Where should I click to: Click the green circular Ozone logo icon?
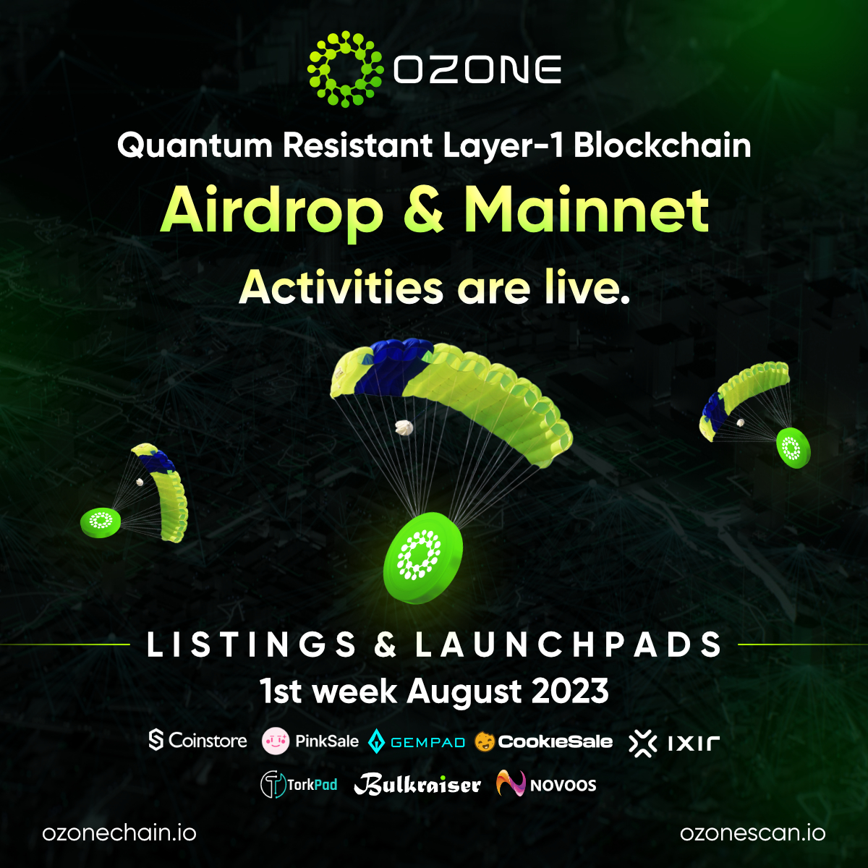(344, 69)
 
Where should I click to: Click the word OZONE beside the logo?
(478, 70)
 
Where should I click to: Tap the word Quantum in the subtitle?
(195, 146)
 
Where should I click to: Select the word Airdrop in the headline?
(272, 211)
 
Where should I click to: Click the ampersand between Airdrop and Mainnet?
(422, 211)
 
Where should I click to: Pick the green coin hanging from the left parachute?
(101, 522)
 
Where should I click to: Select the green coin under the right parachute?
(793, 448)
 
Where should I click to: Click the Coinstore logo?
(197, 741)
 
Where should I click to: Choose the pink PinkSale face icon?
(276, 741)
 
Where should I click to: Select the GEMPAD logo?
(417, 742)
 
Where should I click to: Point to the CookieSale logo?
(544, 741)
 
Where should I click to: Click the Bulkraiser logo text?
(417, 785)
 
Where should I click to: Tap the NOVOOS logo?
(547, 785)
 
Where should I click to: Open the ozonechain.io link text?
(119, 833)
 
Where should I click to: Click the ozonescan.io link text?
(752, 833)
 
